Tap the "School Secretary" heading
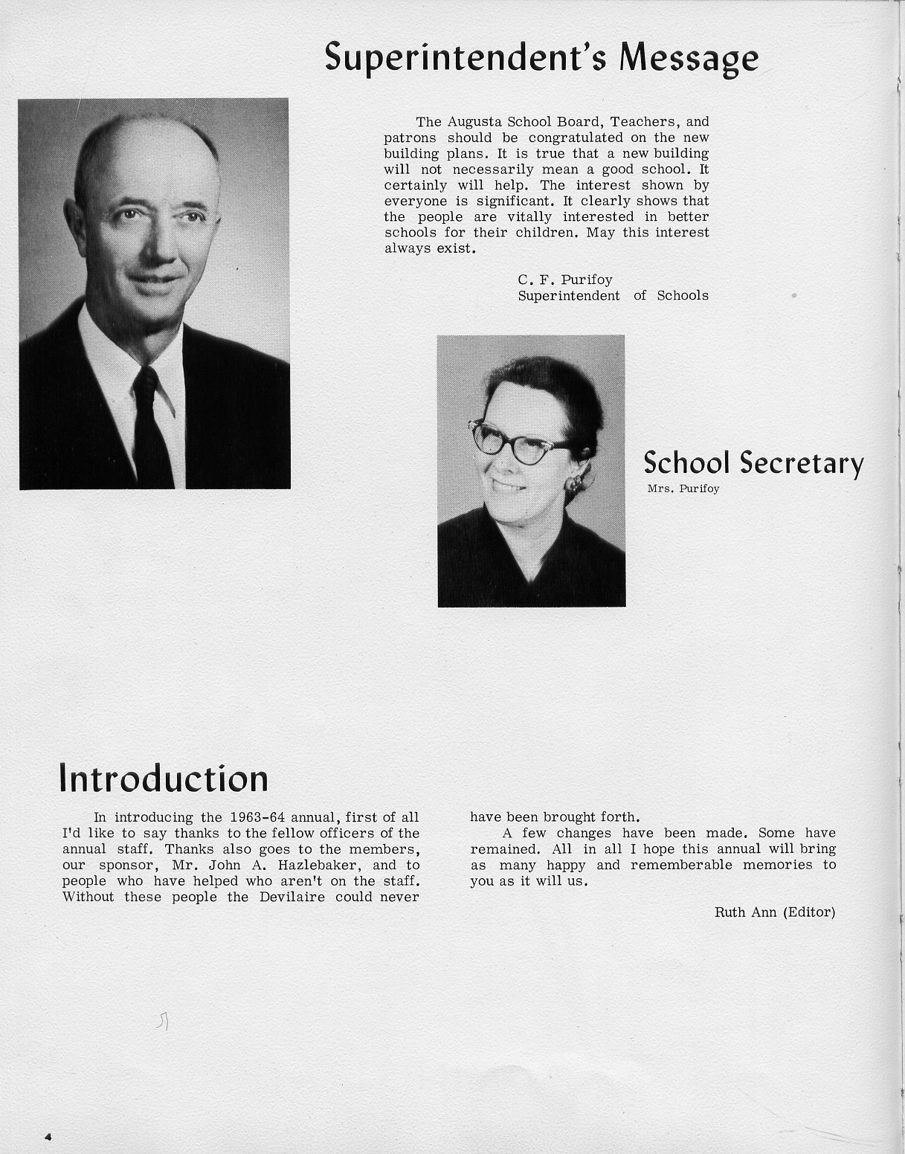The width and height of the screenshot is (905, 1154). (x=753, y=463)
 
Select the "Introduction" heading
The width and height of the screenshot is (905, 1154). (x=164, y=779)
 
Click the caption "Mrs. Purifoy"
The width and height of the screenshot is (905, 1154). (x=683, y=489)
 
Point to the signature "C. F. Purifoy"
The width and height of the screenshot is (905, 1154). (x=565, y=280)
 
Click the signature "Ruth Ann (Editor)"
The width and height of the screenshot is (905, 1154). (x=775, y=912)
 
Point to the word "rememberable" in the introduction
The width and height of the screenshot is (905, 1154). (x=681, y=865)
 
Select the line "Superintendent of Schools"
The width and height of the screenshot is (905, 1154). (x=613, y=296)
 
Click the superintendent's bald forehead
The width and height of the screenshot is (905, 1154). (x=152, y=160)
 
